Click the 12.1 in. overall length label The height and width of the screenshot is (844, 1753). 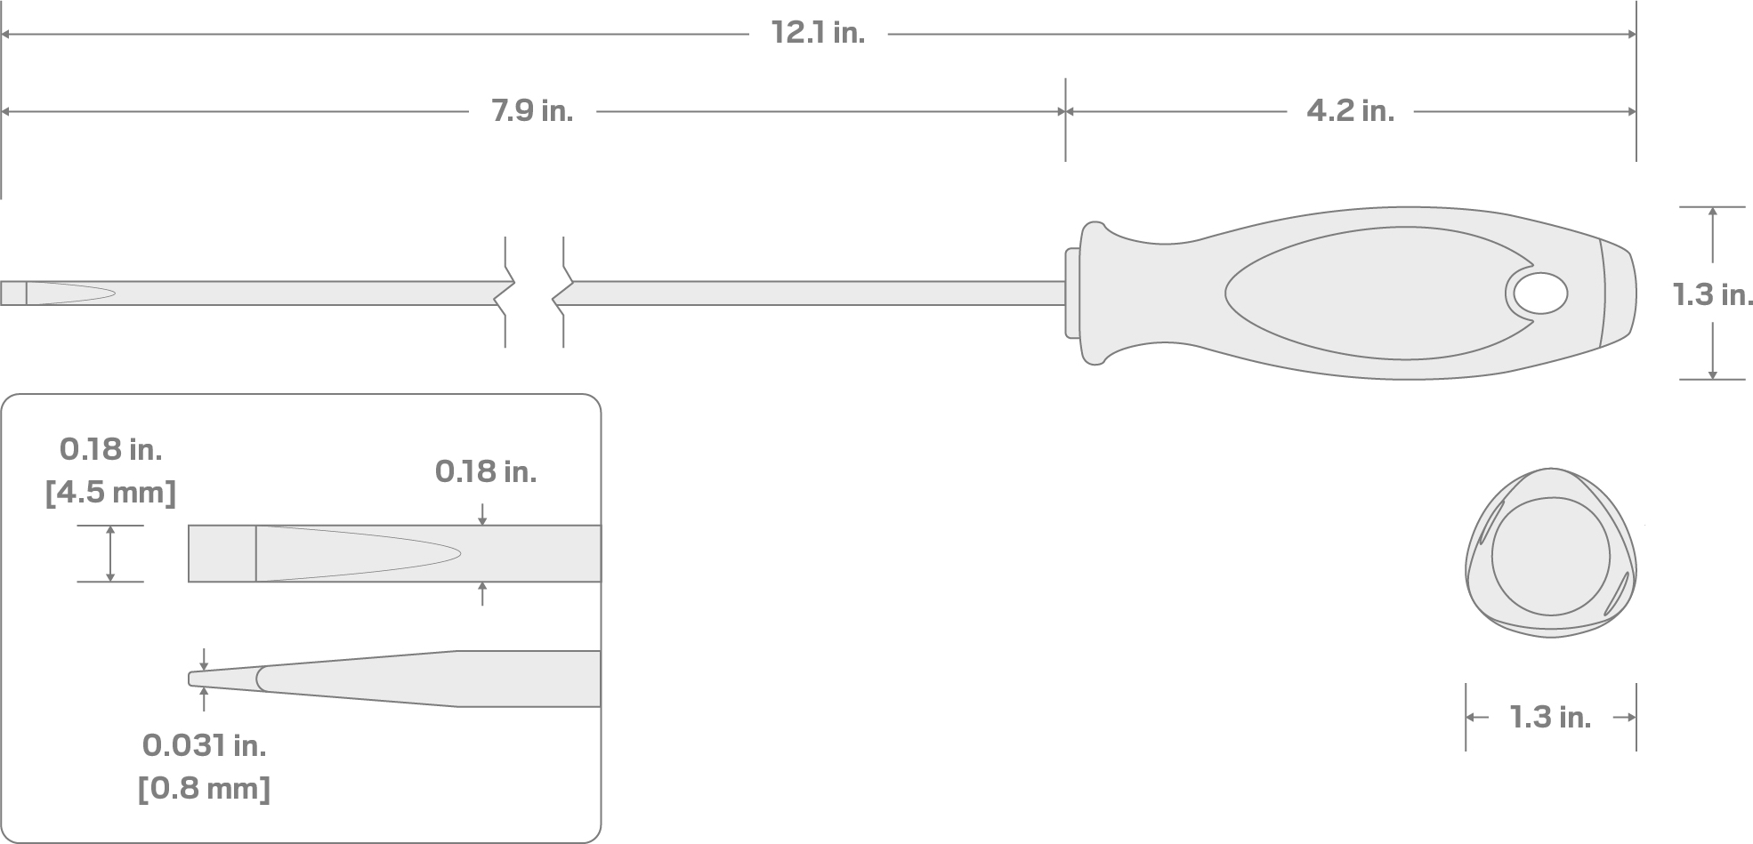818,34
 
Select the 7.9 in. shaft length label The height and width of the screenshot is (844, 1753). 532,111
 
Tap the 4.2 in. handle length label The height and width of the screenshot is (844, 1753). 1350,111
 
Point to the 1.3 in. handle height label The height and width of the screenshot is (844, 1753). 1713,294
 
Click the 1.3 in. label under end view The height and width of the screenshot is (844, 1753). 1550,717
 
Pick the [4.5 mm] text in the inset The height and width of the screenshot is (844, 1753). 110,492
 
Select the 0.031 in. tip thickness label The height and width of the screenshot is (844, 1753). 204,745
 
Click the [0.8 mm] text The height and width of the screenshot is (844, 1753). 204,788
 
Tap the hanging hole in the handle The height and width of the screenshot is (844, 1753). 1540,294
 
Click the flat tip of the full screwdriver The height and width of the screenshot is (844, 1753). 13,293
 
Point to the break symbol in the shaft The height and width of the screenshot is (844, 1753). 534,293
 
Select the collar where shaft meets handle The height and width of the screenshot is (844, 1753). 1072,293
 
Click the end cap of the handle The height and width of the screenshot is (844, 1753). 1618,293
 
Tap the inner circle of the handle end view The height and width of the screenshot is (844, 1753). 1550,556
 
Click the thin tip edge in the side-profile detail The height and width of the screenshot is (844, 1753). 191,679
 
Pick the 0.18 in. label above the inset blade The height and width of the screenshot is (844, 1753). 486,471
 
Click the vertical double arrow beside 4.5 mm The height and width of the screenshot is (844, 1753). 110,553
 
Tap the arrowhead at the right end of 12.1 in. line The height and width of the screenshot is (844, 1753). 1631,35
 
